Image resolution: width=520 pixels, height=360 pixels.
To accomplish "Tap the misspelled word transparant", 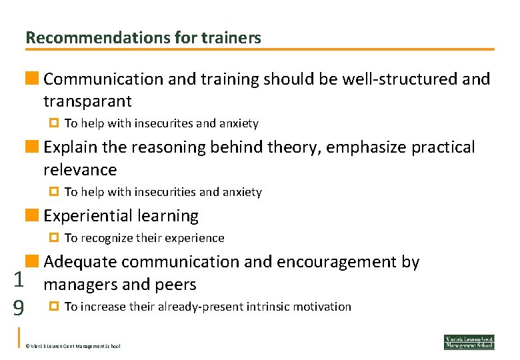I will point(87,102).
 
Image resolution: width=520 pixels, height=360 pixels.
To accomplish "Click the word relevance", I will point(79,170).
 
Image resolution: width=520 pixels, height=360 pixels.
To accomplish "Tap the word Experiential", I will point(89,216).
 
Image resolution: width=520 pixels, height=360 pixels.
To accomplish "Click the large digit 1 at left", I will point(19,280).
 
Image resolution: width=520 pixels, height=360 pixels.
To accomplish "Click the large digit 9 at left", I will point(19,308).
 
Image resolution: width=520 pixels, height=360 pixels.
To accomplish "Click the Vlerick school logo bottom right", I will point(469,341).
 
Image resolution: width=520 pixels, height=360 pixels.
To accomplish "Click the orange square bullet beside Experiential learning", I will point(31,215).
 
